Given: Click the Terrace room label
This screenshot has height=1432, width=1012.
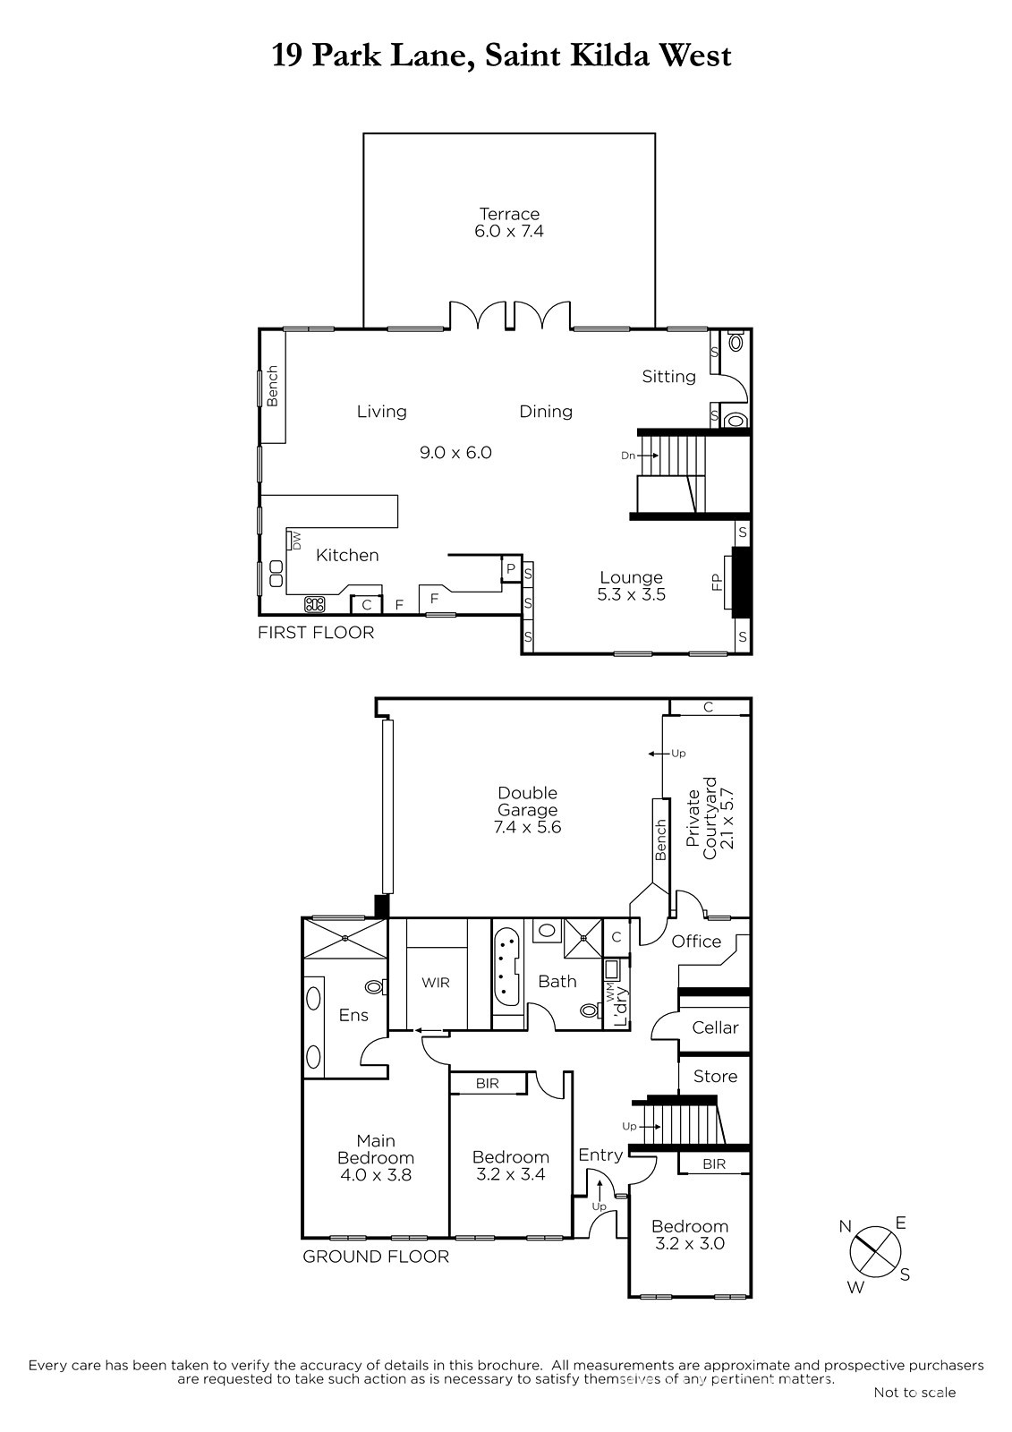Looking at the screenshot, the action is click(x=509, y=214).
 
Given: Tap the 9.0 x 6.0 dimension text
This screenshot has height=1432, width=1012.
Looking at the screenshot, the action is click(x=455, y=453).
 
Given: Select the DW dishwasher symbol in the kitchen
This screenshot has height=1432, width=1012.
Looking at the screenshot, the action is click(x=295, y=541).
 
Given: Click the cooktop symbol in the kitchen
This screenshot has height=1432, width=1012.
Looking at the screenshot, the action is click(x=315, y=604).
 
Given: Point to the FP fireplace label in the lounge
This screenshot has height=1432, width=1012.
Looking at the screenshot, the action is click(x=718, y=582).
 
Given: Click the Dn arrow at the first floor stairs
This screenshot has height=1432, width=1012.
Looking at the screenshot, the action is click(x=647, y=456).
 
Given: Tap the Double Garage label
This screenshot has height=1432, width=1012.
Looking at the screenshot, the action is click(x=527, y=801).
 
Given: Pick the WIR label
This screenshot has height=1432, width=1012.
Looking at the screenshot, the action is click(x=436, y=983).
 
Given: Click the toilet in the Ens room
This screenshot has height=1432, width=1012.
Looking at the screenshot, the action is click(x=375, y=988).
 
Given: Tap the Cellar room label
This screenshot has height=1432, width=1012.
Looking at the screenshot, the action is click(x=715, y=1027).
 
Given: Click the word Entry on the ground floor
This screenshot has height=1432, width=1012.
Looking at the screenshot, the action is click(x=600, y=1155).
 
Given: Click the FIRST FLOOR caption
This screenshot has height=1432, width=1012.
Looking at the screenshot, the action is click(x=316, y=633).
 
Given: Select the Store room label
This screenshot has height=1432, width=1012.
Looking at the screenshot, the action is click(x=715, y=1077).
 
